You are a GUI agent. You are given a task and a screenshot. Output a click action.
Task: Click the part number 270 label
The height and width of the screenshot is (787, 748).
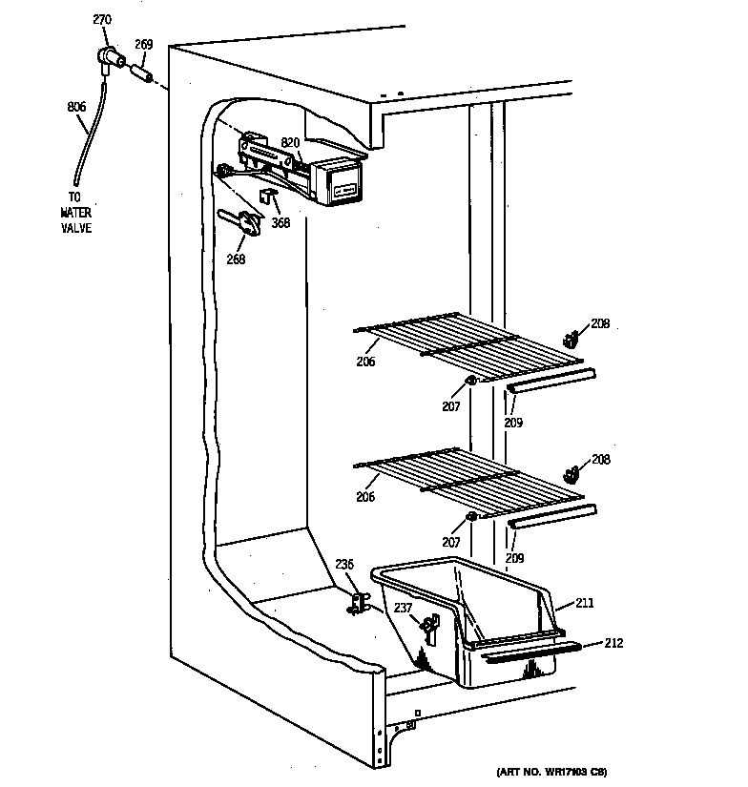[x=102, y=19]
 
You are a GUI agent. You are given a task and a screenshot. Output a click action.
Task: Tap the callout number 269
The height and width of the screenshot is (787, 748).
[x=143, y=44]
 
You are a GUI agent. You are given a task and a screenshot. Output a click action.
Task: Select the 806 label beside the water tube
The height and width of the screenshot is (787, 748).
[x=76, y=107]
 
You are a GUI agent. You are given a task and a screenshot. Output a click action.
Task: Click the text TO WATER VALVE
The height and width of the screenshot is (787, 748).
[x=75, y=215]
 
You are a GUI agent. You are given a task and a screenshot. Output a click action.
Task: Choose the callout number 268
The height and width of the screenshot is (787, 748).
[x=236, y=259]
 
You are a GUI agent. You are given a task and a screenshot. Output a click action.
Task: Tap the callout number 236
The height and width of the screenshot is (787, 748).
[x=343, y=565]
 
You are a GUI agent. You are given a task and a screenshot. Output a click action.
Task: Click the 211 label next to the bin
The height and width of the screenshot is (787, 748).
[x=584, y=603]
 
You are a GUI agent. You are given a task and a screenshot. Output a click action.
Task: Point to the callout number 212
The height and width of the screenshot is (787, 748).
[x=613, y=643]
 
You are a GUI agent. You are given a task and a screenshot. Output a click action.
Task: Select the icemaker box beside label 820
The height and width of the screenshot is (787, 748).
[x=339, y=181]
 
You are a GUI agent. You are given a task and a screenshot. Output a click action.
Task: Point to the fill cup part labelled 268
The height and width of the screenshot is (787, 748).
[x=246, y=222]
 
